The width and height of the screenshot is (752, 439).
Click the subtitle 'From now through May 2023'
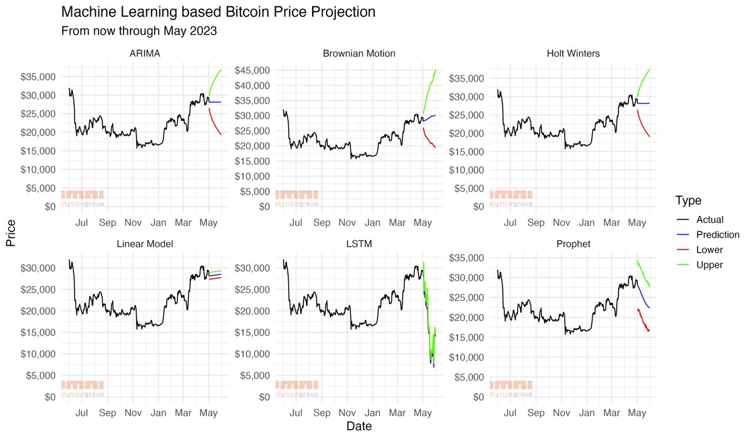click(139, 31)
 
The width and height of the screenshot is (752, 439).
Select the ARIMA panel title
click(145, 54)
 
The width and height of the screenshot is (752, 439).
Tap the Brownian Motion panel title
click(359, 54)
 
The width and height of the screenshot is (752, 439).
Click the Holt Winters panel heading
click(573, 54)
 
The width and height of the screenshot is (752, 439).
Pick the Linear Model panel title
click(145, 243)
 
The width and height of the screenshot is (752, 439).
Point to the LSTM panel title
click(359, 243)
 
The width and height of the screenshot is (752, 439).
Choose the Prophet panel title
click(573, 243)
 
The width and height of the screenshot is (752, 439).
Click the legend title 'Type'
click(688, 201)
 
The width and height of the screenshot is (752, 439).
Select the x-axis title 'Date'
click(359, 427)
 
